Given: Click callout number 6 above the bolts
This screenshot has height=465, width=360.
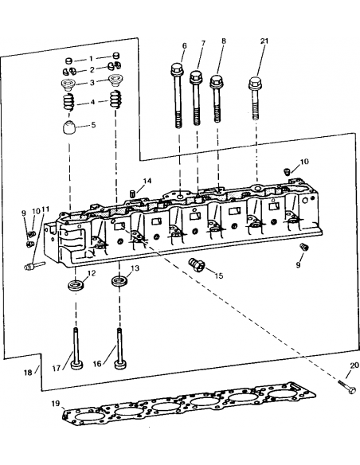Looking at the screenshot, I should pyautogui.click(x=184, y=45).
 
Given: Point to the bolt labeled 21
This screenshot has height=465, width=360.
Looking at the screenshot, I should pyautogui.click(x=256, y=100).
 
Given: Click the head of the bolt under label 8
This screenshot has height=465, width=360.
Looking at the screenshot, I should pyautogui.click(x=216, y=81).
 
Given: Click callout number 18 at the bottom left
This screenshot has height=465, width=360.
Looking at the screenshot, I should pyautogui.click(x=27, y=372).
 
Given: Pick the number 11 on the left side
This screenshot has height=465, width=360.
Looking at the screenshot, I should pyautogui.click(x=45, y=209).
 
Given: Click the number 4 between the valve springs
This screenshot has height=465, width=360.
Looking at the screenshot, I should pyautogui.click(x=92, y=102).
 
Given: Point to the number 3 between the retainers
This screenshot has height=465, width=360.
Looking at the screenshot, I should pyautogui.click(x=92, y=82).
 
